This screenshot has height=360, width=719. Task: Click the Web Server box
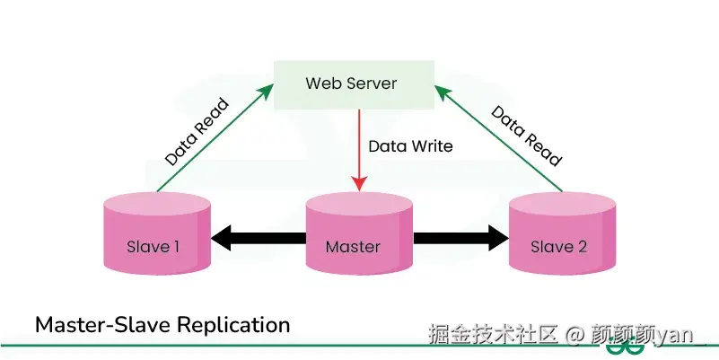(x=354, y=85)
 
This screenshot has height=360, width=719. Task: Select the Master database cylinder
(x=359, y=233)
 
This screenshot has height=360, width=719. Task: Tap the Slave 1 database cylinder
(x=157, y=233)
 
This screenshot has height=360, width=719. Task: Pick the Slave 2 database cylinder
(x=562, y=233)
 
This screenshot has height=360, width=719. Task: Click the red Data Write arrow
(x=359, y=150)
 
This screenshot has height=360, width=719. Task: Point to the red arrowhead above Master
(x=359, y=183)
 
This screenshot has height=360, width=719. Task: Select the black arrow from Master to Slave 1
(x=259, y=238)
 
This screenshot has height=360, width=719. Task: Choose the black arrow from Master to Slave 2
(x=460, y=238)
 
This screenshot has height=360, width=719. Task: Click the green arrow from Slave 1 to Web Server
(x=215, y=137)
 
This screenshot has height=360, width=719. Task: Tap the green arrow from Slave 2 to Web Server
(x=498, y=137)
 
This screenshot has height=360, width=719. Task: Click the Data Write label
(x=410, y=146)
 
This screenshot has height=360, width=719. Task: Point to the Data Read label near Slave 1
(x=197, y=132)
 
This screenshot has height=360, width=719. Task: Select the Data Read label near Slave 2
(x=526, y=136)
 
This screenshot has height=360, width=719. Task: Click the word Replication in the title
(x=234, y=326)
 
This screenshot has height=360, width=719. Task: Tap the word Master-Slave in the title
(x=104, y=325)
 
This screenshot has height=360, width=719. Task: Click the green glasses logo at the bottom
(x=625, y=347)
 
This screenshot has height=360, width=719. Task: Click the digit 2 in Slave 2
(x=582, y=247)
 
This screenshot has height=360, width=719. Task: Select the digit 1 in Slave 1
(x=176, y=247)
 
